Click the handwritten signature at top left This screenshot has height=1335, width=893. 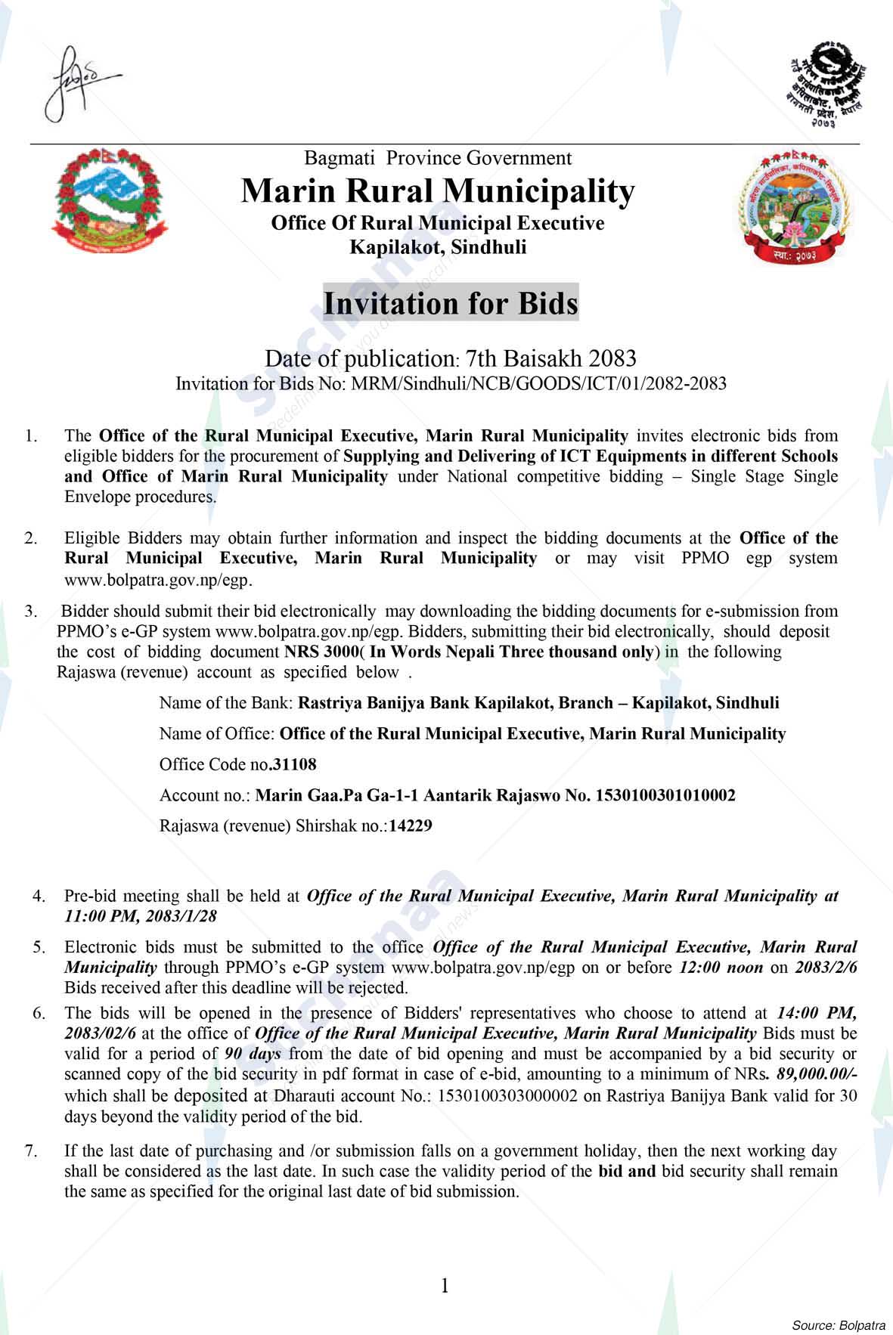(x=76, y=83)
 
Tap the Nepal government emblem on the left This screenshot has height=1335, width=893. (x=110, y=200)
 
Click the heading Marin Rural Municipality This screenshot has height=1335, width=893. (x=437, y=191)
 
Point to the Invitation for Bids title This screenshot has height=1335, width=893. (x=451, y=303)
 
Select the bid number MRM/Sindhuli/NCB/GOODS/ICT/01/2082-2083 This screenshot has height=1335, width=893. (x=535, y=383)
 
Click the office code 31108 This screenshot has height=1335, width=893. (x=294, y=764)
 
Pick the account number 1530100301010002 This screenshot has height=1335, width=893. (x=665, y=795)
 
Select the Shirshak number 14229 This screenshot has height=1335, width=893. (x=411, y=826)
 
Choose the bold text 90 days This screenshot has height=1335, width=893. (x=253, y=1054)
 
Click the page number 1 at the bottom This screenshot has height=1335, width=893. (x=445, y=1285)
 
